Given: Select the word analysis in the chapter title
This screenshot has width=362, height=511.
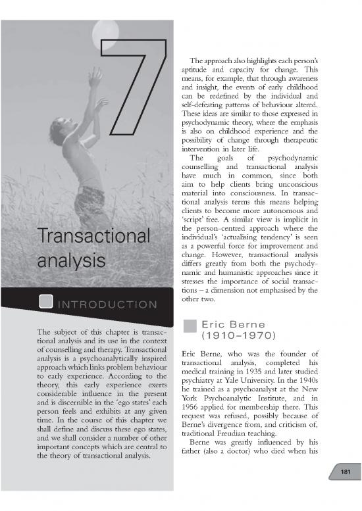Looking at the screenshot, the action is [72, 260].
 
